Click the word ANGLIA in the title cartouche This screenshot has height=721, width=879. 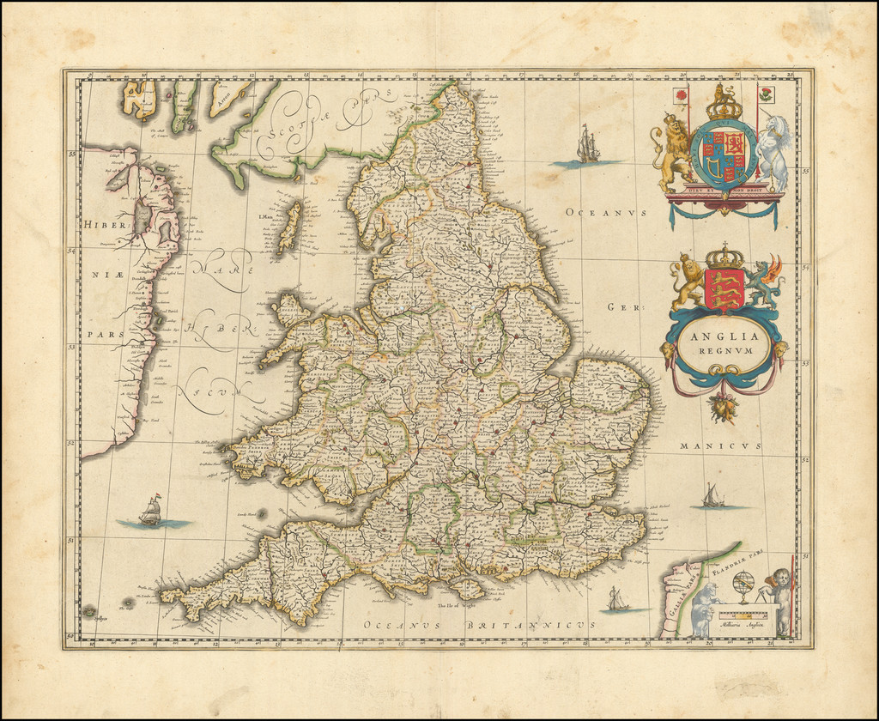coord(724,338)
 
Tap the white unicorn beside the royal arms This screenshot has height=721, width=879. coord(773,154)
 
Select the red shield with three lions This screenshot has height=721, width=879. coord(724,288)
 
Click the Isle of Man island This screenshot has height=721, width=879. coord(291,227)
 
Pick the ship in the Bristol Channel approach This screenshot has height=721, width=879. coord(151,512)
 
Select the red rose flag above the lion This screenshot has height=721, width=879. coord(682,94)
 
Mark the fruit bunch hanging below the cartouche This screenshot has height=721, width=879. coord(724,408)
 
